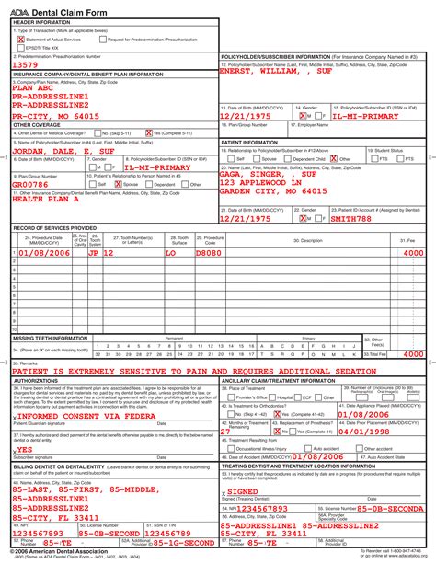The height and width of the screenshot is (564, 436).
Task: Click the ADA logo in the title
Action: click(x=20, y=7)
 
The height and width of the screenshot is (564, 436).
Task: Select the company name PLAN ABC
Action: click(x=33, y=87)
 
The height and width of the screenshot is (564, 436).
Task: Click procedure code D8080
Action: click(x=209, y=252)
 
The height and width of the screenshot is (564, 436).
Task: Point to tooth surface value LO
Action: click(x=170, y=252)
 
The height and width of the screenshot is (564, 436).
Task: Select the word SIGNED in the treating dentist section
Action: click(x=245, y=491)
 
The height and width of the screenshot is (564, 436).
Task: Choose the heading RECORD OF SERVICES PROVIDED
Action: click(x=54, y=228)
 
